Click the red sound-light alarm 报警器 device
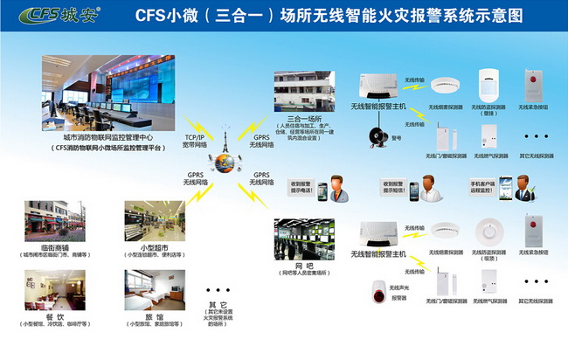(379, 295)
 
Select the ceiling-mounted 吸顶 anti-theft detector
(488, 232)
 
